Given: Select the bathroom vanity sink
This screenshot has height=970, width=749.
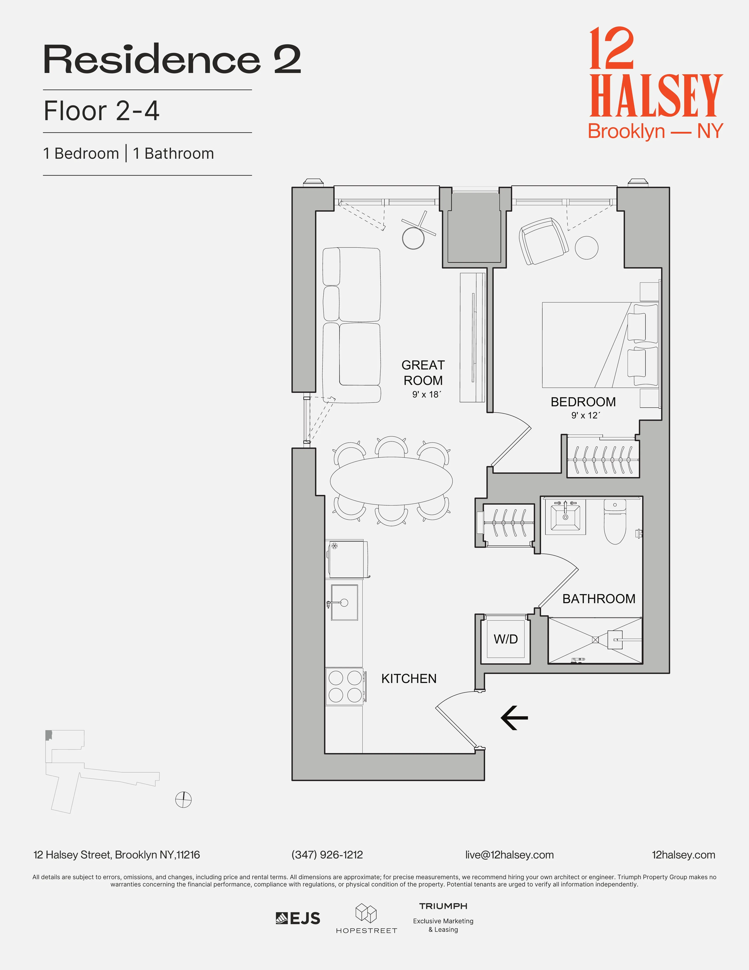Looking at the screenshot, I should (565, 516).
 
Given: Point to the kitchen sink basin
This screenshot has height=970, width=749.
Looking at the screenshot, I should (344, 603).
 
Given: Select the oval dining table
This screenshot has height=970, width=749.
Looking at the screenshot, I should (391, 481).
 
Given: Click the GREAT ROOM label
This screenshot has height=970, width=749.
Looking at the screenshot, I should (423, 373).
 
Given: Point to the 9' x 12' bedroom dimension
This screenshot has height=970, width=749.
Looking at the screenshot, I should (585, 415).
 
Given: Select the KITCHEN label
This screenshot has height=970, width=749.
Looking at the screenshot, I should (409, 679).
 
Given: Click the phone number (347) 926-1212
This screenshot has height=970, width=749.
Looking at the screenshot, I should (327, 855).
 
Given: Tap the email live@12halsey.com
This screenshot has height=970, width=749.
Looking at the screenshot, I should (509, 855).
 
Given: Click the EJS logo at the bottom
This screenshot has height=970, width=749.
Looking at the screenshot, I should (298, 918).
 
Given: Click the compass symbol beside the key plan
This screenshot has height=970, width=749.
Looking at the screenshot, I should (183, 800).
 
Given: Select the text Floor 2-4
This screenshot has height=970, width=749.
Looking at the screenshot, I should (102, 111).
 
